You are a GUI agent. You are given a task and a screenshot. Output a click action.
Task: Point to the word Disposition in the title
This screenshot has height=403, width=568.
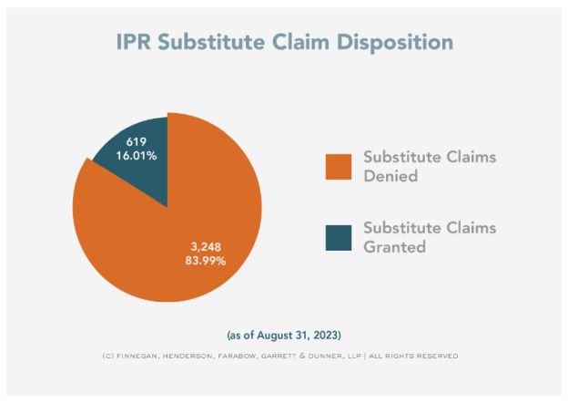pyautogui.click(x=399, y=43)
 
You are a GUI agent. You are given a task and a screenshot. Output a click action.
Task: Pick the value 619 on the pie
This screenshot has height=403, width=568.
pyautogui.click(x=136, y=141)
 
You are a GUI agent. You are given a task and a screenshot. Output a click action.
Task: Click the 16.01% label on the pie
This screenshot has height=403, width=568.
pyautogui.click(x=136, y=156)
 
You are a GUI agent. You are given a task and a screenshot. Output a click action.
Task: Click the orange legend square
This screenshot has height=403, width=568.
pyautogui.click(x=338, y=165)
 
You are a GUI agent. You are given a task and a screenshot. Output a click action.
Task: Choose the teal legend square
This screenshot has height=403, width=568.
pyautogui.click(x=338, y=236)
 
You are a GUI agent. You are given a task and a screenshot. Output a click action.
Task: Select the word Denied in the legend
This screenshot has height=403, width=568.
pyautogui.click(x=391, y=176)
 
